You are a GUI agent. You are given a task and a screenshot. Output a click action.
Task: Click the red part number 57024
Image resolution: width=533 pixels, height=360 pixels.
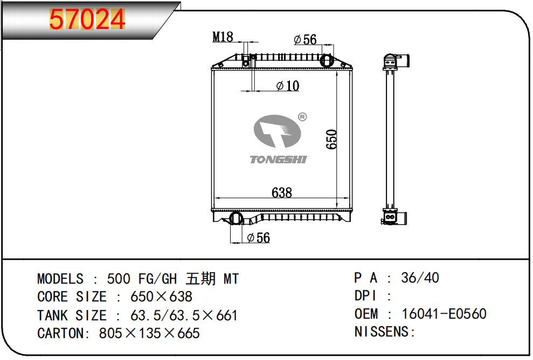[87, 19]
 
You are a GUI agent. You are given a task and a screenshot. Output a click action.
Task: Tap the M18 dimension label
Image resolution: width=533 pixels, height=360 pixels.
[223, 37]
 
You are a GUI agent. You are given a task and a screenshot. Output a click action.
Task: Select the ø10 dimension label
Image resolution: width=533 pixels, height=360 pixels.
[288, 86]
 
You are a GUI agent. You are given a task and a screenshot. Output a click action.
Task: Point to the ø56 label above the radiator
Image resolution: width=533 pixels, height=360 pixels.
[305, 39]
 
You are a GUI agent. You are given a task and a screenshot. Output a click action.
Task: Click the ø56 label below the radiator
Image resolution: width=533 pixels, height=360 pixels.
[258, 238]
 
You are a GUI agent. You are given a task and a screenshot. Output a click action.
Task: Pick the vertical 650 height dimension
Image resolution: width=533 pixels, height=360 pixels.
[331, 139]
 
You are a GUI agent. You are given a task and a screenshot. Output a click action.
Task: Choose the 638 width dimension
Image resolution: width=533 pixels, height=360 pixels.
[281, 193]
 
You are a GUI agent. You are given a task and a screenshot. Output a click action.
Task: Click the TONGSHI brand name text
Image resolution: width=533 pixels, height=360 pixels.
[279, 160]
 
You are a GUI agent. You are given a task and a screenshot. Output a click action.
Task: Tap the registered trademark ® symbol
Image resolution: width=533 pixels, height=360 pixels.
[302, 117]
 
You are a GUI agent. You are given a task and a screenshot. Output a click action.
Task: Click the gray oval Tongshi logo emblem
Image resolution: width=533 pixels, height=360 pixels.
[278, 131]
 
